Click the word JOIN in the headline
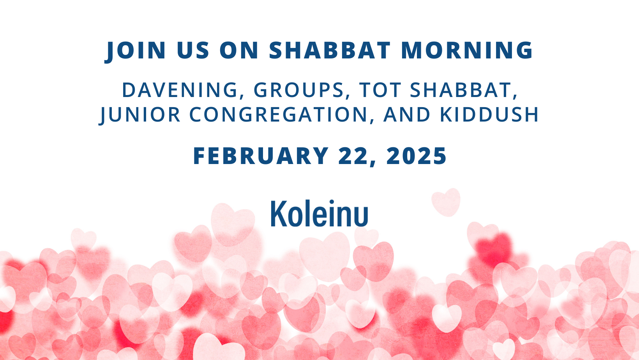coord(136,51)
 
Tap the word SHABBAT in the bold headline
coord(330,50)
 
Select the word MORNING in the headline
coord(467,50)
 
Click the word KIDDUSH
coord(489,115)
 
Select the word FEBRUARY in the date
coord(261,156)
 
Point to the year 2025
coord(416,156)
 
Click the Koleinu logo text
coord(319,214)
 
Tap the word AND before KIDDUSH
coord(407,115)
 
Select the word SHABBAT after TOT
coord(460,90)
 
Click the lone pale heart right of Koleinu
coord(446,202)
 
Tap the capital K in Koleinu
coord(279,214)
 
